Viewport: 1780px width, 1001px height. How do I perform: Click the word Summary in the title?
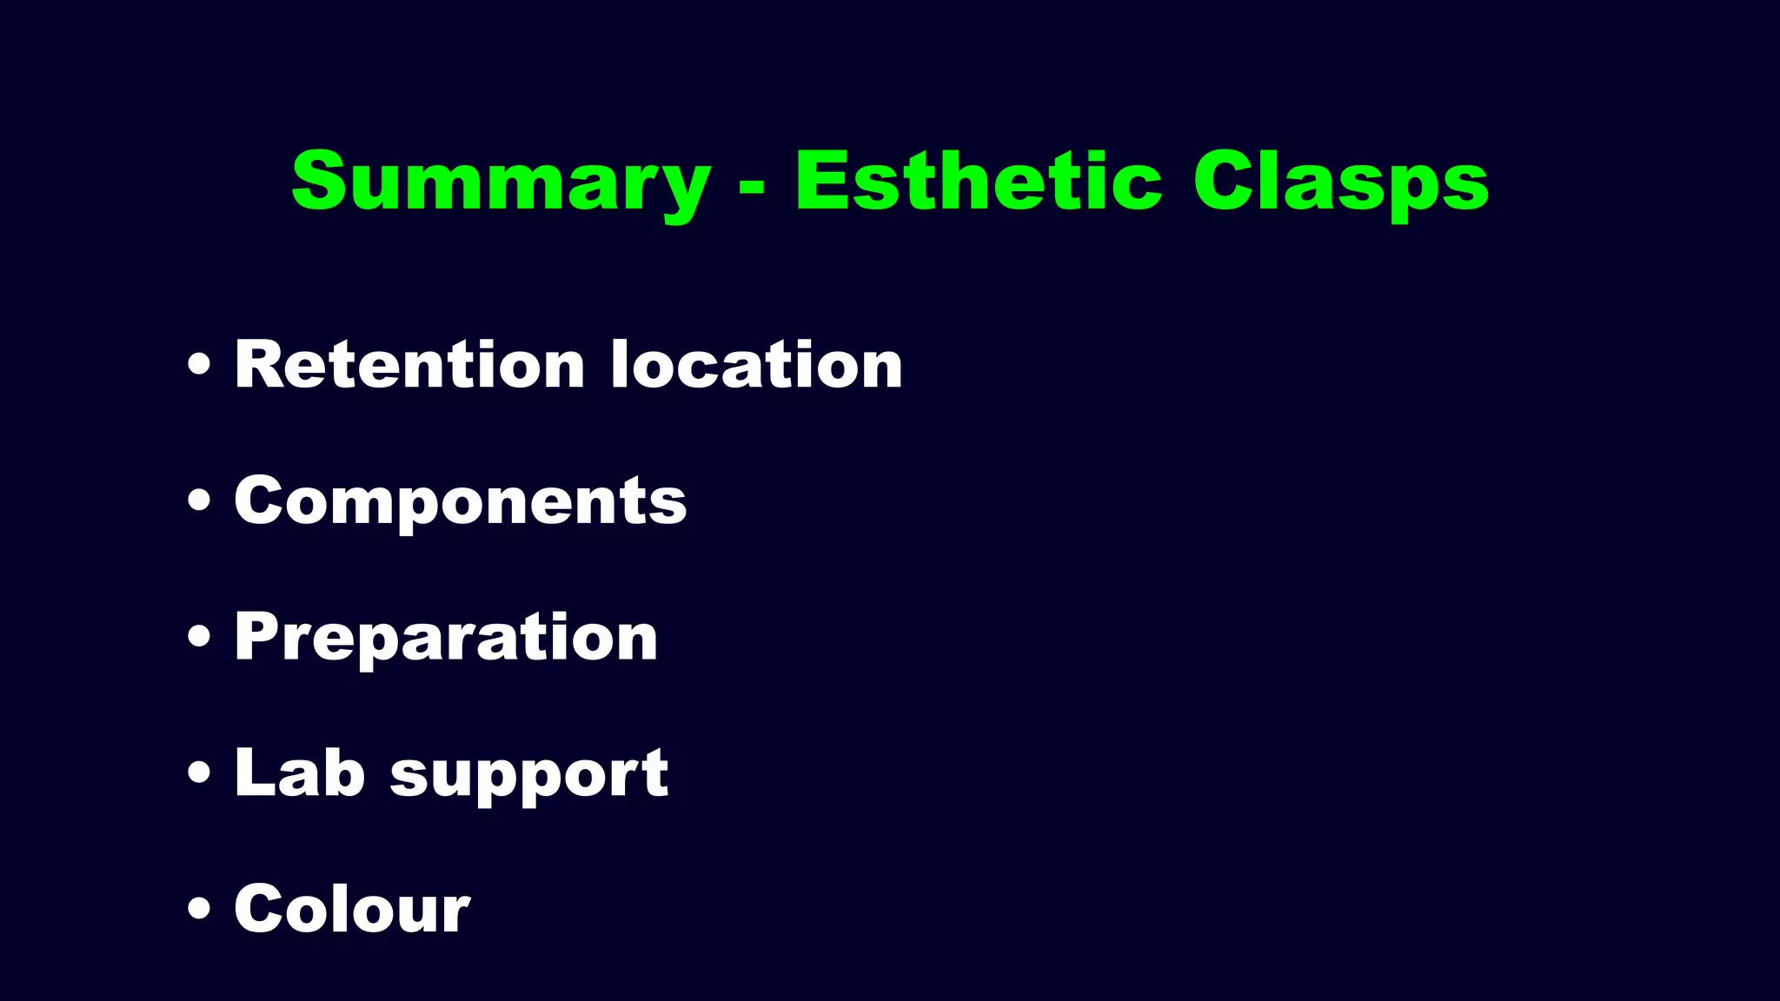point(500,182)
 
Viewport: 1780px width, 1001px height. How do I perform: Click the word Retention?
point(409,364)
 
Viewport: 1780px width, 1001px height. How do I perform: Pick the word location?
point(756,364)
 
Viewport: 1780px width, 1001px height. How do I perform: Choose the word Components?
point(461,501)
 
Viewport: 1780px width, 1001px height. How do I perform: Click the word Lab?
point(299,772)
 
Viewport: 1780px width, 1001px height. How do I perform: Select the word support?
point(529,776)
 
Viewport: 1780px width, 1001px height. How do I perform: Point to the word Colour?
point(352,909)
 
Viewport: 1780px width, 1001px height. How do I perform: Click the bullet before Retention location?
point(199,366)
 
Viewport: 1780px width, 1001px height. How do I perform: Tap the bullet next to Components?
point(199,501)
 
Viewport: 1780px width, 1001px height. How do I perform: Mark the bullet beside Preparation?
point(199,637)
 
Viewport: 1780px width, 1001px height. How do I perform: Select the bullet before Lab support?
point(199,773)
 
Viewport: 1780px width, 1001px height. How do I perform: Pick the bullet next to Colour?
point(199,909)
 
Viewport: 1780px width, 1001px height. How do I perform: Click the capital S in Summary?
point(319,181)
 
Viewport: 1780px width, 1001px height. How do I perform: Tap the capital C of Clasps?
point(1222,181)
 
